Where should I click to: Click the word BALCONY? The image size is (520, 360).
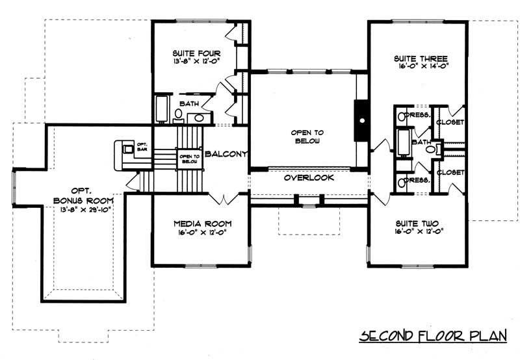(225, 154)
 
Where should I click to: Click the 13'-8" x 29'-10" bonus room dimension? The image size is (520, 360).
(81, 211)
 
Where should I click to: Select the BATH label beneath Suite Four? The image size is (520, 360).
(189, 103)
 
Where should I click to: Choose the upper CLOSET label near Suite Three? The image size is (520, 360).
(450, 123)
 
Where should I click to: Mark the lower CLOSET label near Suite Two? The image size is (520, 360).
(450, 172)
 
